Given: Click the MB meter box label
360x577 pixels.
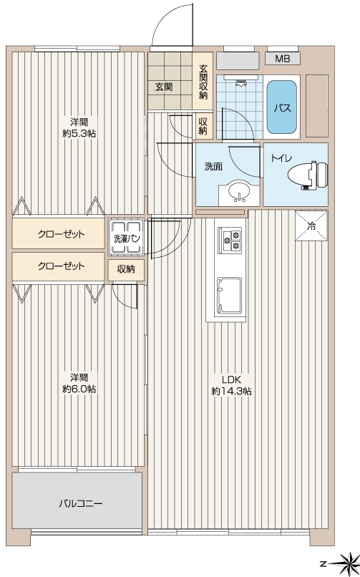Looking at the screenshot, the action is pos(283,59).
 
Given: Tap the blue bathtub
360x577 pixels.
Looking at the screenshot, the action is pos(282,107).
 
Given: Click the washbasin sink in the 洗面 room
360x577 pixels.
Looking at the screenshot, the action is pos(239,192).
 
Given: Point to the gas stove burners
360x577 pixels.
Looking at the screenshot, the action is pos(230,241).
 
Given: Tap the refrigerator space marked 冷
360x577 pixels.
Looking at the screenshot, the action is pos(311,226).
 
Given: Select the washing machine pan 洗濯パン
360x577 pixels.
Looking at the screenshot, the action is pos(126,238).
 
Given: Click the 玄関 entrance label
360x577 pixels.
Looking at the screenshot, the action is pos(164,87).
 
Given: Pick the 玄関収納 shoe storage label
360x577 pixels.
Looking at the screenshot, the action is pos(203,82).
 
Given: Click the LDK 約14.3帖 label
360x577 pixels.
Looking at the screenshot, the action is pos(231,385).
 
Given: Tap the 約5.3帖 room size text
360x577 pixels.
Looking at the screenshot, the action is pos(79,133).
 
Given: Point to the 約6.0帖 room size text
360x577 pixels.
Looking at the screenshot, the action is pos(79,389).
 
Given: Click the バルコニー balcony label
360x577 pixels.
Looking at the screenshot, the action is pos(81,503).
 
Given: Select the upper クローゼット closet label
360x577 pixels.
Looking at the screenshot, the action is pos(62,234).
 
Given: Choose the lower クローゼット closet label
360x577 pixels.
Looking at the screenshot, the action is pos(62,266).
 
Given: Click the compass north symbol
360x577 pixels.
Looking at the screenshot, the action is pos(346,563).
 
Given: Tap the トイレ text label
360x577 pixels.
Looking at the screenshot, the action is pos(281,158).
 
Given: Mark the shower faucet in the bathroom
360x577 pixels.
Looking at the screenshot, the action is pos(241,83).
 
